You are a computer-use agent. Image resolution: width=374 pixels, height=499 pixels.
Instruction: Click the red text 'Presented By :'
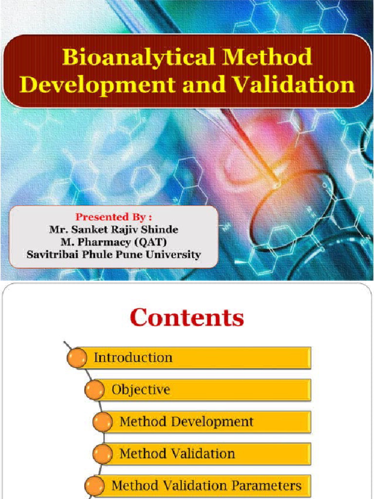[113, 216]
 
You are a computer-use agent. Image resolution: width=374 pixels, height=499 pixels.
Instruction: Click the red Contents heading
[187, 318]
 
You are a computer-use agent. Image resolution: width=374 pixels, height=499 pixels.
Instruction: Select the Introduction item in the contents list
[133, 358]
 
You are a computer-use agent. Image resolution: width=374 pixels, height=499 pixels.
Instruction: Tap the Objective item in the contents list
[141, 390]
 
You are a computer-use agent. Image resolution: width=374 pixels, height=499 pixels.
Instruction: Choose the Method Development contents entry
[187, 422]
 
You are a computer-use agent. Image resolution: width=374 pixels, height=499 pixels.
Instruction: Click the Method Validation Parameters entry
[206, 485]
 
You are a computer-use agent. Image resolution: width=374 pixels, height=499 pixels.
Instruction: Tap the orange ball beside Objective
[94, 391]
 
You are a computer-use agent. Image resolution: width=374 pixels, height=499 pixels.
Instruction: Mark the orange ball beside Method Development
[102, 422]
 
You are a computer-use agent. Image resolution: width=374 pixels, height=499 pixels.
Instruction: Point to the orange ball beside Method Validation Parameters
[94, 486]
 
